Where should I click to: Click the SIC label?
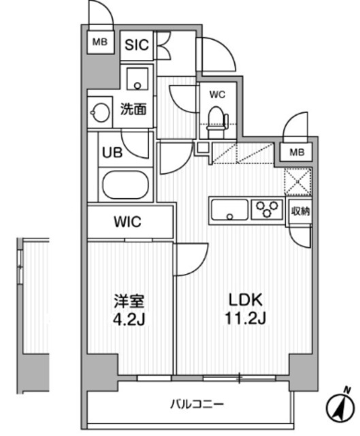pyautogui.click(x=137, y=45)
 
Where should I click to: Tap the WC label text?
pyautogui.click(x=218, y=95)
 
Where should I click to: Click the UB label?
pyautogui.click(x=112, y=153)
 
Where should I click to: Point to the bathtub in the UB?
pyautogui.click(x=125, y=185)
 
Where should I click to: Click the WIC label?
pyautogui.click(x=127, y=222)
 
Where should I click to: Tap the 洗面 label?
pyautogui.click(x=133, y=109)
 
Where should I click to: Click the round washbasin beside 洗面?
pyautogui.click(x=101, y=112)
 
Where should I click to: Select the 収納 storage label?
pyautogui.click(x=300, y=212)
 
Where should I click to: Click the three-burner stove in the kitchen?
pyautogui.click(x=267, y=209)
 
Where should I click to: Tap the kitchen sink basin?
pyautogui.click(x=229, y=210)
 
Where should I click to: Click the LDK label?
pyautogui.click(x=245, y=300)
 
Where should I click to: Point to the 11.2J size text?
pyautogui.click(x=245, y=318)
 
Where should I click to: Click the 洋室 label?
pyautogui.click(x=129, y=301)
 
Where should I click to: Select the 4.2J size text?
pyautogui.click(x=129, y=320)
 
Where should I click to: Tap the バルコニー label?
pyautogui.click(x=197, y=404)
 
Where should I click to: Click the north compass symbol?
pyautogui.click(x=340, y=407)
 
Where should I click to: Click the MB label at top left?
pyautogui.click(x=100, y=42)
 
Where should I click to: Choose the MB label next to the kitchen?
pyautogui.click(x=297, y=153)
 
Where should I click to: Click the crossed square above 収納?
pyautogui.click(x=297, y=181)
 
